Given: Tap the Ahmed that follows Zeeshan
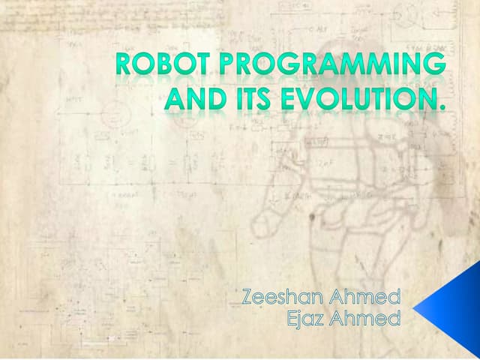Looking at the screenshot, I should coord(364,298).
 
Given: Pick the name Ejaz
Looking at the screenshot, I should coord(307,320).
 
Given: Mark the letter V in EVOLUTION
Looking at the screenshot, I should coord(298,99).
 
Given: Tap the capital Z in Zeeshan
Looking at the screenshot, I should coord(250,298).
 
